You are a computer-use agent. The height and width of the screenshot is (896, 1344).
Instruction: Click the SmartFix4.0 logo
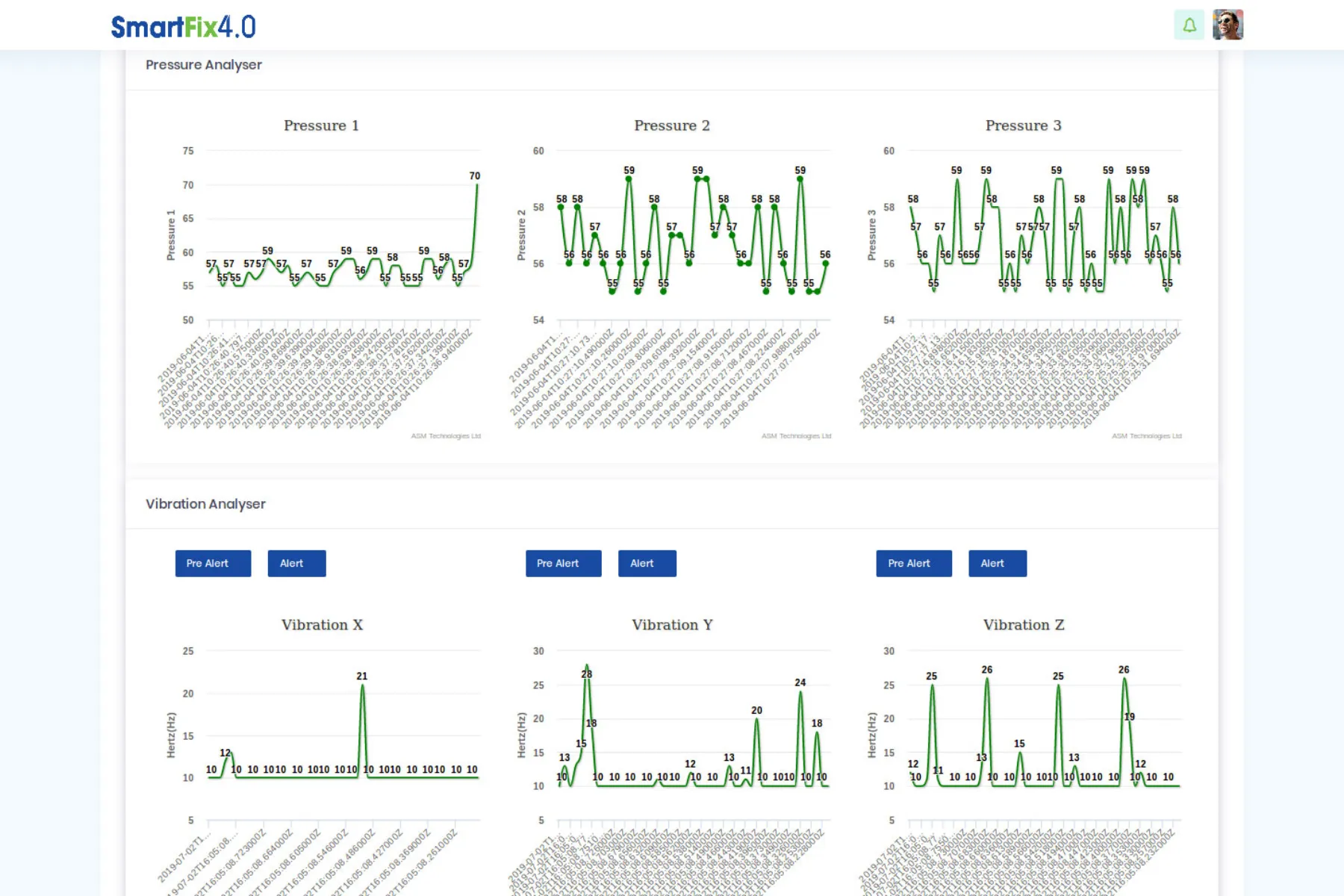point(183,27)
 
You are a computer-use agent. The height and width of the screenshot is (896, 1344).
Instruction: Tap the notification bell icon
point(1189,25)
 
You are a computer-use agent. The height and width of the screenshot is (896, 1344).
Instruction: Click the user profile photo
point(1228,25)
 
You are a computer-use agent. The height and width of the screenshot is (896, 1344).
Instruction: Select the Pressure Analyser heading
point(204,65)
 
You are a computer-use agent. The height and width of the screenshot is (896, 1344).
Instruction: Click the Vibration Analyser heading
point(205,504)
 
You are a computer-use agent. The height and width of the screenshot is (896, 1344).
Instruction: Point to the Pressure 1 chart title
point(321,125)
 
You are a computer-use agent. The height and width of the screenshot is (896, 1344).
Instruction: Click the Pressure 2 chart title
point(672,125)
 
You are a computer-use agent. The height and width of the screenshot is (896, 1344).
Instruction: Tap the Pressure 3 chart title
point(1023,125)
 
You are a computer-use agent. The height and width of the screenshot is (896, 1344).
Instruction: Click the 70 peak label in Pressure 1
point(475,176)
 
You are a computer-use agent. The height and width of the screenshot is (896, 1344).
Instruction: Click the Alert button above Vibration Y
point(647,564)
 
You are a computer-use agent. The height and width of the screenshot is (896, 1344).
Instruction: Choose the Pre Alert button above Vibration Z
point(913,564)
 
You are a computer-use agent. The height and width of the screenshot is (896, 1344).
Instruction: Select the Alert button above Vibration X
point(296,564)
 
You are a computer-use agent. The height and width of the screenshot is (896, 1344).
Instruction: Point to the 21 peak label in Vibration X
point(362,676)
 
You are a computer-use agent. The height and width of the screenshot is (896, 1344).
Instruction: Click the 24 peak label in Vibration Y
point(800,682)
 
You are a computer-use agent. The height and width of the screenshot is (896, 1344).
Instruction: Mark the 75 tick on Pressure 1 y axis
point(188,151)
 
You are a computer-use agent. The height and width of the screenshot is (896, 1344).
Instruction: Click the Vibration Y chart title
point(672,625)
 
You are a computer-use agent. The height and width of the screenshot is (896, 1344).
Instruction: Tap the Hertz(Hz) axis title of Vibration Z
point(872,735)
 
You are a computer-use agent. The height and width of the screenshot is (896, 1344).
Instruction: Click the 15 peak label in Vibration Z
point(1019,744)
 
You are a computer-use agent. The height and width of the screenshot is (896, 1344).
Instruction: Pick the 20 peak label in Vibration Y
point(756,710)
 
